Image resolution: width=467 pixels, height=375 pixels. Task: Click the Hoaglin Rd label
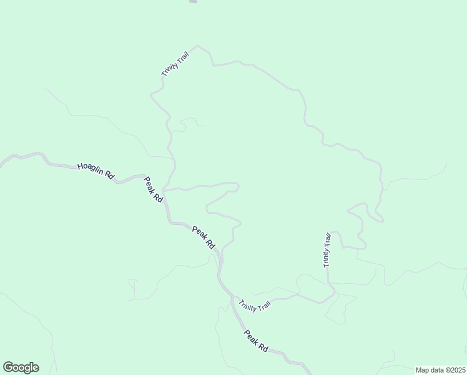(x=96, y=171)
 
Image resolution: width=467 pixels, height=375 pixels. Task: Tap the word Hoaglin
(x=91, y=169)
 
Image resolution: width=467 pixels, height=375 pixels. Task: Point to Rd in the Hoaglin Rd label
(x=110, y=176)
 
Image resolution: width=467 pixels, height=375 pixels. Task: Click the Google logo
(x=21, y=367)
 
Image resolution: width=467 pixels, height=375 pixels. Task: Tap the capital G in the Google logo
(x=8, y=367)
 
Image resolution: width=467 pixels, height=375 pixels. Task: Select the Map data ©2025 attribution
(x=440, y=370)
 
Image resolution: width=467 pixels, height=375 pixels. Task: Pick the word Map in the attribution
(x=422, y=370)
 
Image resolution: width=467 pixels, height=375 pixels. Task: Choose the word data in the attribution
(x=436, y=370)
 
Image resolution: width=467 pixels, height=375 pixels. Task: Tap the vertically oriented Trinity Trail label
(x=327, y=250)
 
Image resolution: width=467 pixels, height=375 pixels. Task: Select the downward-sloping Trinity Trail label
(x=255, y=306)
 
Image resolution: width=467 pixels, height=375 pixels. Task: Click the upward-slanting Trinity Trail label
(x=175, y=64)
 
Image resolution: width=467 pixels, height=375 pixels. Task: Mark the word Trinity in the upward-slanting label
(x=169, y=69)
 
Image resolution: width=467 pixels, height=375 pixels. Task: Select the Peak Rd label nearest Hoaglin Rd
(x=154, y=189)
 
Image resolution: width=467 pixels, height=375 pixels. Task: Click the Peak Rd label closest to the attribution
(x=256, y=341)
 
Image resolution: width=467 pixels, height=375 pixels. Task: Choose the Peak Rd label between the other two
(x=204, y=237)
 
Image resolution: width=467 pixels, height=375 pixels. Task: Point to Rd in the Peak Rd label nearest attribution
(x=263, y=347)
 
